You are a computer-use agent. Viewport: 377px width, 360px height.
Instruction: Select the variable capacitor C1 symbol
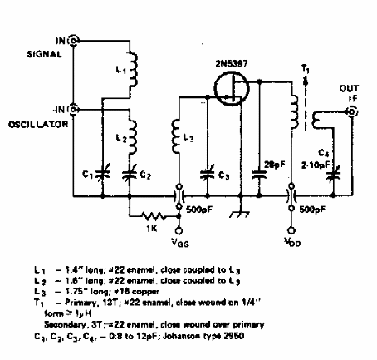coord(100,174)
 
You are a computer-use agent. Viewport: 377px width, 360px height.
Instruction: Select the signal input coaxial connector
coord(75,40)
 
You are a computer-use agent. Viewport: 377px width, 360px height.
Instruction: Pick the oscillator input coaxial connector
coord(75,109)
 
